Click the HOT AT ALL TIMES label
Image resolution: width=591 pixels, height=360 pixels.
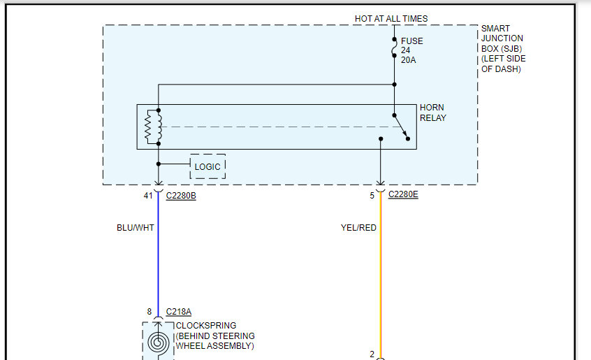point(391,19)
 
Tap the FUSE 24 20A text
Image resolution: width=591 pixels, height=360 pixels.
point(411,51)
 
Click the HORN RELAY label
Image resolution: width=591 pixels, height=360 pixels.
point(433,113)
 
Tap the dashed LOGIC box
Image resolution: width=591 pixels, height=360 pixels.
point(207,166)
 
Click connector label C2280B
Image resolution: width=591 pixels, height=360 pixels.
point(181,196)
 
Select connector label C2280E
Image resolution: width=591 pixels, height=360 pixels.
point(403,195)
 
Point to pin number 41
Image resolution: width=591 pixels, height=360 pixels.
point(148,196)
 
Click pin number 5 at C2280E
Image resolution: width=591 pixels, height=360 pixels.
point(372,196)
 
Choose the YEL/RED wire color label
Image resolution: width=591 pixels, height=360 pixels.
point(358,227)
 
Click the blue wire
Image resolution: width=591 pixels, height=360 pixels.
point(159,259)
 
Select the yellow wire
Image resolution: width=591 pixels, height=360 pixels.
point(381,280)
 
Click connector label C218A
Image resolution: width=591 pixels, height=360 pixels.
point(179,312)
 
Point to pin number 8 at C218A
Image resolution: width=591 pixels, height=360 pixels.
point(149,312)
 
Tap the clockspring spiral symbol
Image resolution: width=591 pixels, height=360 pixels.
point(158,342)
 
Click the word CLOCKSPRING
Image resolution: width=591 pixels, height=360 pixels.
point(206,326)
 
